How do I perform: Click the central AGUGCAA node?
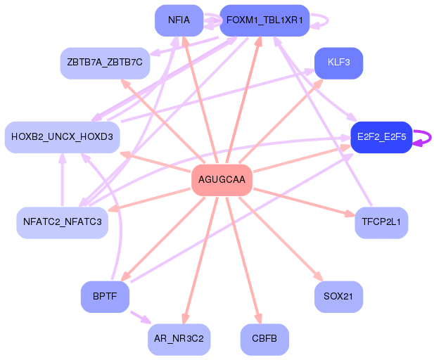tap(222, 180)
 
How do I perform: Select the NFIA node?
tap(179, 20)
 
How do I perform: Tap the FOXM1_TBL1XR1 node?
tap(264, 20)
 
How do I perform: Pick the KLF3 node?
tap(338, 63)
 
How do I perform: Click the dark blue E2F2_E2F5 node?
tap(381, 137)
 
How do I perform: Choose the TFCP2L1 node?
tap(381, 222)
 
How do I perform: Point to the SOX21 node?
tap(338, 297)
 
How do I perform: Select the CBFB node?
tap(264, 340)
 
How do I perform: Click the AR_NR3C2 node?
tap(179, 340)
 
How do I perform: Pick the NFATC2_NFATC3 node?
tap(62, 222)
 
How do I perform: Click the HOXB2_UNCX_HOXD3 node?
tap(62, 137)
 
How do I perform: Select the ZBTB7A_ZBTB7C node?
tap(105, 63)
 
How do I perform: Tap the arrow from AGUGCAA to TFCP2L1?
tap(302, 201)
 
